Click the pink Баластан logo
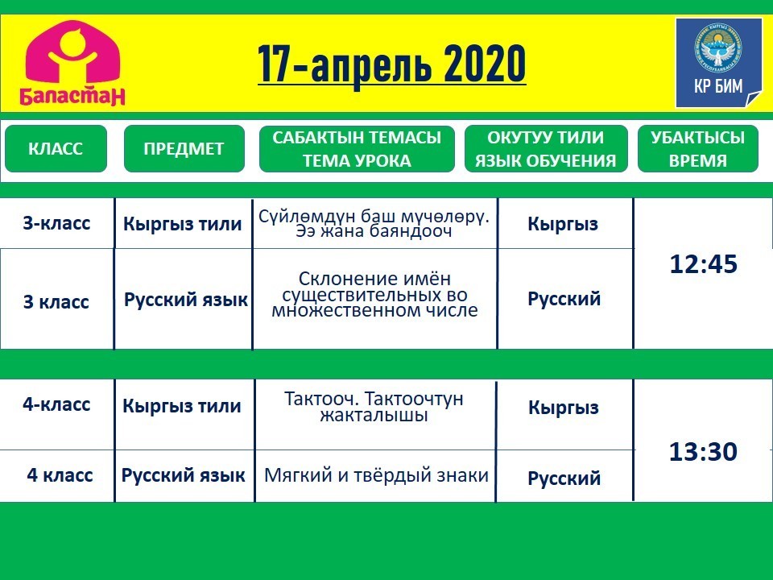pos(72,63)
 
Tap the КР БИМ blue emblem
pos(718,63)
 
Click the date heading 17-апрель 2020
pos(392,64)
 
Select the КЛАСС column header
pos(56,148)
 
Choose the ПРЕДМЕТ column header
pos(184,148)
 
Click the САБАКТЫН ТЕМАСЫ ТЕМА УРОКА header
pos(357,148)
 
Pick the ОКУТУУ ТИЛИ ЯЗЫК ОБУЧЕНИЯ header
pos(546,148)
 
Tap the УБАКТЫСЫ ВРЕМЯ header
pos(697,148)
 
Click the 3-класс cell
pos(56,223)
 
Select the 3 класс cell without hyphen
pos(56,301)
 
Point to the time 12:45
pos(704,264)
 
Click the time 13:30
pos(703,451)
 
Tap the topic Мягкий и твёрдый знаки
pos(376,475)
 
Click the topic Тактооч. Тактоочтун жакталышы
pos(374,406)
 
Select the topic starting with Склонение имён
pos(374,295)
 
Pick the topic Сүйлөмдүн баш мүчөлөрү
pos(374,223)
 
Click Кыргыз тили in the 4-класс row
pos(182,406)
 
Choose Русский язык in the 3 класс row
pos(185,300)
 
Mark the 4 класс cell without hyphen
pos(60,475)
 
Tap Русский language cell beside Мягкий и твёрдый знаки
pos(564,478)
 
